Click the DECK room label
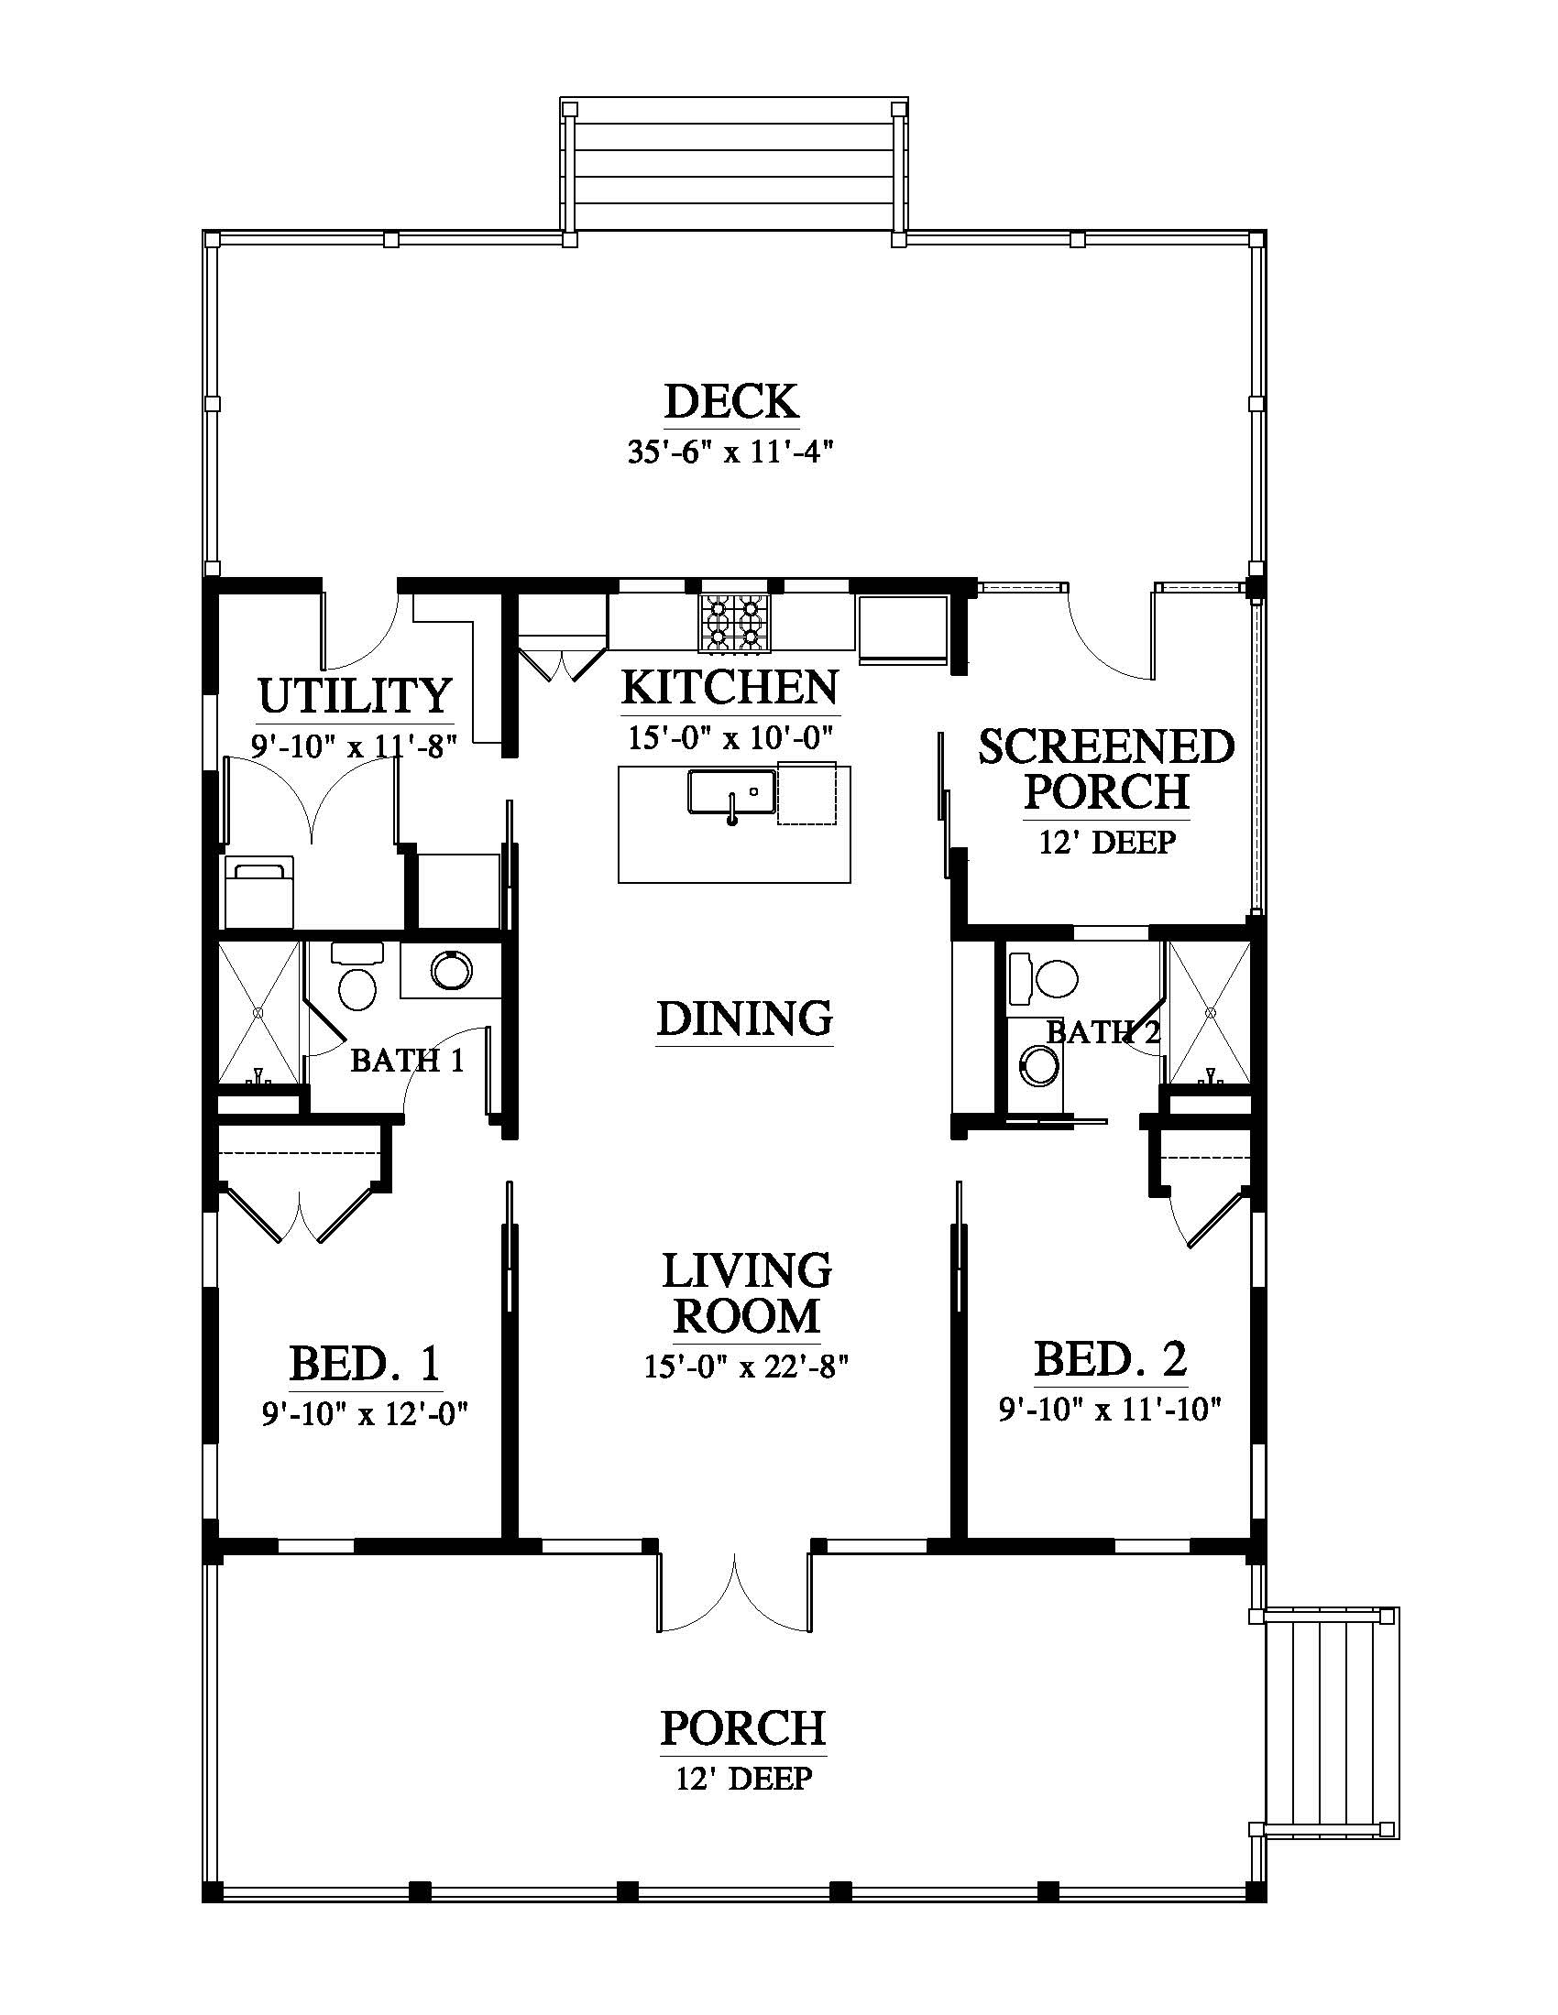pyautogui.click(x=732, y=402)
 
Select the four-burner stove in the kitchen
pyautogui.click(x=735, y=623)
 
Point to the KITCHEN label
pyautogui.click(x=730, y=688)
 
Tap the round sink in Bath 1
pyautogui.click(x=451, y=970)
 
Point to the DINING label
pyautogui.click(x=745, y=1019)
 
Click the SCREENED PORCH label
pyautogui.click(x=1107, y=768)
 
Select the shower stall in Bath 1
pyautogui.click(x=259, y=1012)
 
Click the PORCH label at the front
pyautogui.click(x=743, y=1729)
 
